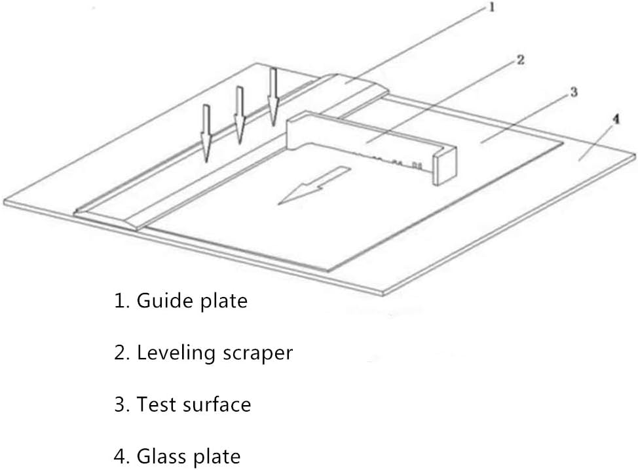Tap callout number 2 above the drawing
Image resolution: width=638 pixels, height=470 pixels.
pos(519,60)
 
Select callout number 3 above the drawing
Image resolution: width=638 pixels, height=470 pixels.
pos(574,92)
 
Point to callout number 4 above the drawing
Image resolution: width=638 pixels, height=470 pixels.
pos(616,119)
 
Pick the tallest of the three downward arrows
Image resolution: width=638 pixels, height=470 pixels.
pos(273,96)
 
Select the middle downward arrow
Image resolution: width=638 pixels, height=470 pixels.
pos(240,115)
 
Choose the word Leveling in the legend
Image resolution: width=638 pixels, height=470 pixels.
pos(176,353)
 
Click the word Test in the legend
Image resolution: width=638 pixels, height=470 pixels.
pos(154,404)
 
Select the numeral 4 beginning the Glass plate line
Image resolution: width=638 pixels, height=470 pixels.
pos(120,456)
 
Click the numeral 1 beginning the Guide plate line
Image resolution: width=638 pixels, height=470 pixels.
pos(119,302)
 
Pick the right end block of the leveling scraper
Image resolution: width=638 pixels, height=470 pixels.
pos(445,164)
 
